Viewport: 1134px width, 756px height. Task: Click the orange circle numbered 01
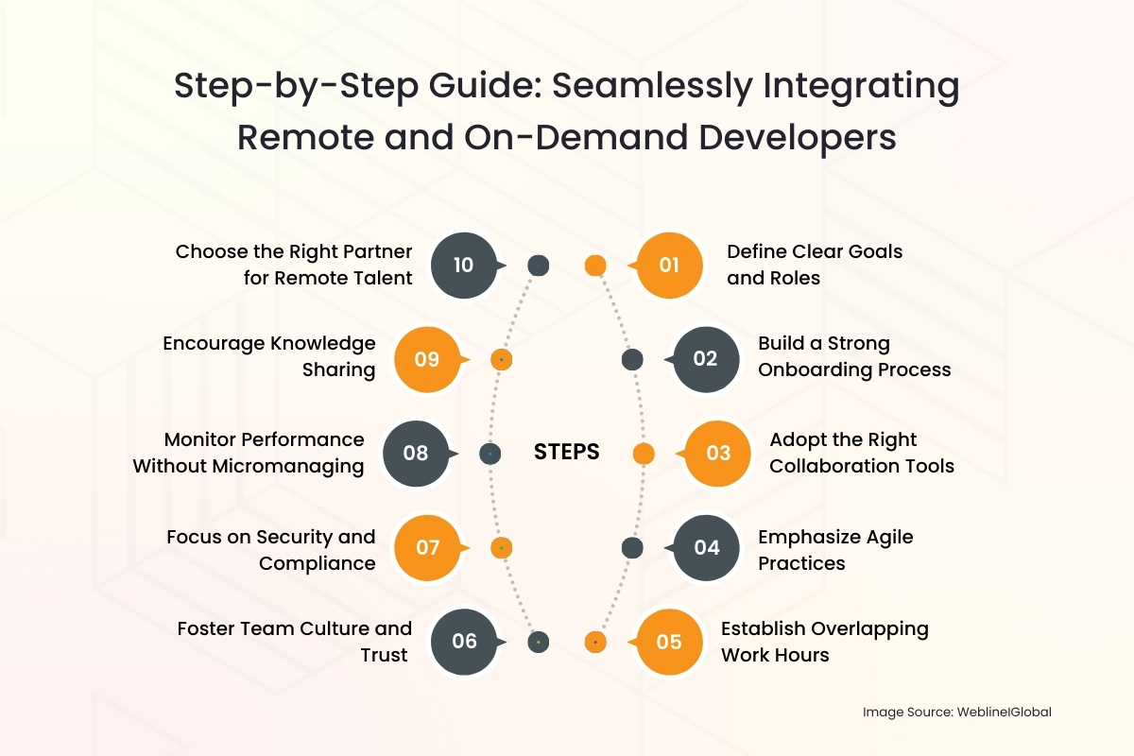[669, 265]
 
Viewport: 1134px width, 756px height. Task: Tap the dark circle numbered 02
[706, 359]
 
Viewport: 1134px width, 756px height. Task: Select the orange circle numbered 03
[717, 454]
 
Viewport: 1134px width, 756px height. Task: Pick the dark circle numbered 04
[706, 547]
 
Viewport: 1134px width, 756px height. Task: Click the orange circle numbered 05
[669, 642]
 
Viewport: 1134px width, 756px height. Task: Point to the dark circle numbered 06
[464, 642]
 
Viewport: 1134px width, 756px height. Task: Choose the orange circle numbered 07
[428, 547]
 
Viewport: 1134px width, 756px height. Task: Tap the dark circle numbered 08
[416, 454]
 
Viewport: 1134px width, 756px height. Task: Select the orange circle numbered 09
[428, 359]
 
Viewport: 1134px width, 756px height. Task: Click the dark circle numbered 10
[464, 265]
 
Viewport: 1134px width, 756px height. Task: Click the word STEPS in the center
[566, 452]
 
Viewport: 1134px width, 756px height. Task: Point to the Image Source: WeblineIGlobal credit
[956, 712]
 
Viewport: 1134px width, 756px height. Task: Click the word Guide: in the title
[485, 85]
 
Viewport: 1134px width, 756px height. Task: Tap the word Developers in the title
[798, 138]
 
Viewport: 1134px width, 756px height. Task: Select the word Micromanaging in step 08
[288, 467]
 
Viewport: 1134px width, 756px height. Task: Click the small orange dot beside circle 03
[644, 454]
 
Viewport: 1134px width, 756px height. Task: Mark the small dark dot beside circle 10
[538, 266]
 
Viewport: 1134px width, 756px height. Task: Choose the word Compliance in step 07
[318, 563]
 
